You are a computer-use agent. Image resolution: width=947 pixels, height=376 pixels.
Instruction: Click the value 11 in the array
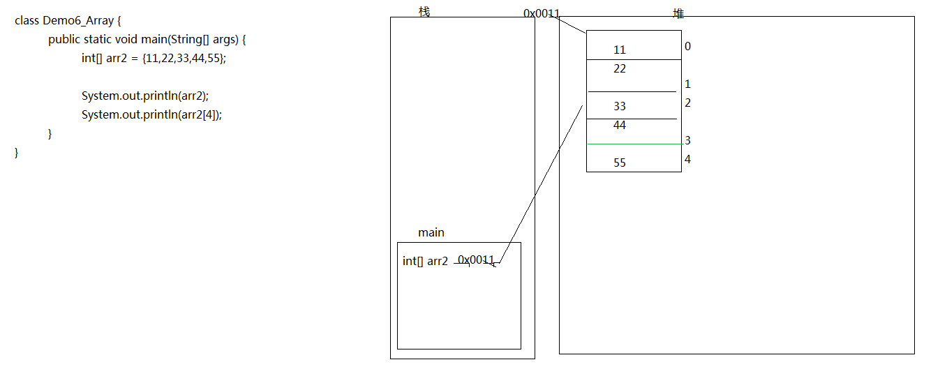click(x=620, y=50)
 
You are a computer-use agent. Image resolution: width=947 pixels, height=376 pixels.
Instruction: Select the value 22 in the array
click(x=620, y=68)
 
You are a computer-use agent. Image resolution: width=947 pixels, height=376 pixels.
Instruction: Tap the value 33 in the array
click(x=620, y=106)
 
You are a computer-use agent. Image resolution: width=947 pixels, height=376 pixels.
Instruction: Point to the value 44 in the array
click(x=620, y=125)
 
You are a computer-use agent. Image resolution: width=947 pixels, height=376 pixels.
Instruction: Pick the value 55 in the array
click(x=620, y=163)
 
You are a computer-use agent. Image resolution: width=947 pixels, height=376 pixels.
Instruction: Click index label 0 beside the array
click(x=688, y=46)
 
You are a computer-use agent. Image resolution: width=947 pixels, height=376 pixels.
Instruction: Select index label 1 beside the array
click(x=688, y=84)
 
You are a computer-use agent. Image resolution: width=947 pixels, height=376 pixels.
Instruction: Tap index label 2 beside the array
click(x=688, y=103)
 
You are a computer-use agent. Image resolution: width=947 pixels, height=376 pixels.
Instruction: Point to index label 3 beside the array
click(x=688, y=140)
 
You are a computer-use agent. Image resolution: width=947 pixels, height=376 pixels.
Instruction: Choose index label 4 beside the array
click(x=688, y=159)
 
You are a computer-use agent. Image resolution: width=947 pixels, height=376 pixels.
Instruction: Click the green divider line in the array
click(x=636, y=144)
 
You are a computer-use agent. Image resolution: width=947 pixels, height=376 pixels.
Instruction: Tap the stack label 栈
click(x=424, y=12)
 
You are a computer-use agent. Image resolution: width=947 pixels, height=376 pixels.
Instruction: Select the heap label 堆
click(x=678, y=13)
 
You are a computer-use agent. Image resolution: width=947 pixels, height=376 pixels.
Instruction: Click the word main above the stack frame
click(x=431, y=232)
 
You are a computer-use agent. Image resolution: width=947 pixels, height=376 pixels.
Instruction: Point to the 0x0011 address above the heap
click(x=542, y=13)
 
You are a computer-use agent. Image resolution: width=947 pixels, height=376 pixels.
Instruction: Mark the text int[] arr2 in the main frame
click(x=425, y=261)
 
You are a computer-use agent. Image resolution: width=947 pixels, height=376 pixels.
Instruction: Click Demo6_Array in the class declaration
click(x=78, y=21)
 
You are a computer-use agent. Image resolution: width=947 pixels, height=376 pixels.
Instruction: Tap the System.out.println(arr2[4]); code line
click(x=151, y=114)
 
